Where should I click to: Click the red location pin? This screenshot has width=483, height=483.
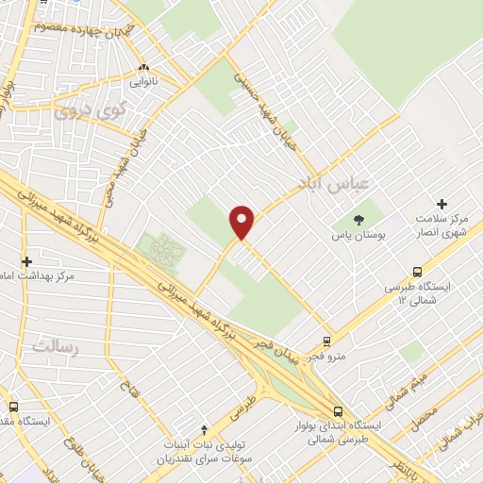coord(242,222)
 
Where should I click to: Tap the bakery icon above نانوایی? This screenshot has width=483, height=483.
coord(143,68)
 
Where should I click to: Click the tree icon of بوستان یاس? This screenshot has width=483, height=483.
coord(362,222)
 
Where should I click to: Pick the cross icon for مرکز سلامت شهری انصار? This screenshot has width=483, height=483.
coord(441,204)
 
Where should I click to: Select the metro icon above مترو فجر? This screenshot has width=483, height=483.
coord(326,341)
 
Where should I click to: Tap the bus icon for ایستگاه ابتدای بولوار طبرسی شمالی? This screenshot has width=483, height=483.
coord(337,410)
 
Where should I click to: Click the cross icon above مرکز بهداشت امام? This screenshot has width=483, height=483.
coord(26,260)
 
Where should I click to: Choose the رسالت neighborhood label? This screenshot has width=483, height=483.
coord(51,345)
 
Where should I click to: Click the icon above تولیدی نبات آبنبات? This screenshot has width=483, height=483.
coord(205,430)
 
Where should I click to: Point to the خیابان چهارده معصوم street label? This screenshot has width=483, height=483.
coord(80,25)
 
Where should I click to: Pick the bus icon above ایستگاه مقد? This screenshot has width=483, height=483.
coord(13,407)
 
